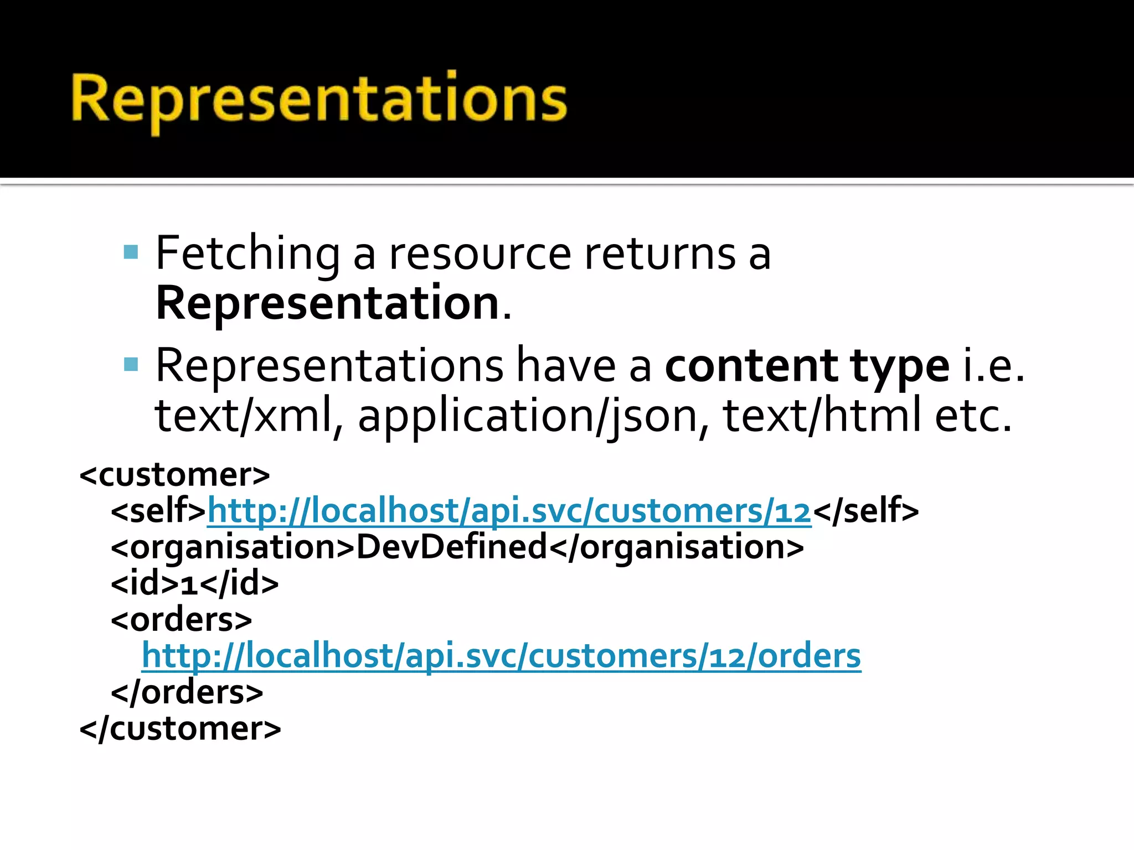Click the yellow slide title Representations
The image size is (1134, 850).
[x=319, y=100]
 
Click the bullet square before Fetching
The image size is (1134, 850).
[x=131, y=252]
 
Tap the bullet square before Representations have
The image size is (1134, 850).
[x=131, y=364]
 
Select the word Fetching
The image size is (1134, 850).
[x=248, y=253]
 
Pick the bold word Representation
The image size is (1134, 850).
[x=328, y=303]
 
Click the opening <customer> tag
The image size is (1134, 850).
[x=175, y=475]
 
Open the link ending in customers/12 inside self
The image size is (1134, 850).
[x=509, y=510]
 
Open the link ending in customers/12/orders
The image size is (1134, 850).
[x=501, y=656]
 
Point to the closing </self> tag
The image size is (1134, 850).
[x=866, y=510]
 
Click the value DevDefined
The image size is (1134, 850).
[x=451, y=547]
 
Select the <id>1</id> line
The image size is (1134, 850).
[x=195, y=583]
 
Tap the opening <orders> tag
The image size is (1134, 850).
[x=182, y=620]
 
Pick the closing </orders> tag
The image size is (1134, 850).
[x=187, y=692]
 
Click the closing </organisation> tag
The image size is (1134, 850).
[x=676, y=547]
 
